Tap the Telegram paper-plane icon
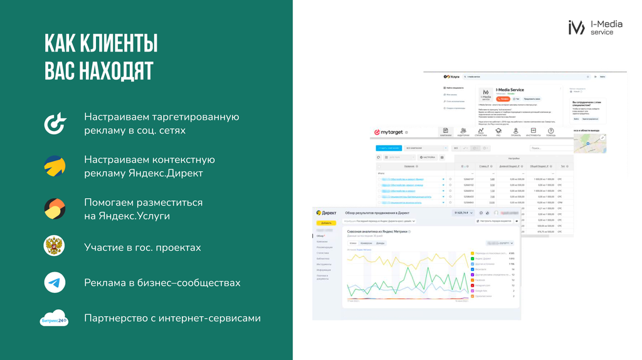click(x=55, y=283)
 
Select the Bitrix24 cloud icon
click(x=54, y=319)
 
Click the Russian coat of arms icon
click(x=55, y=246)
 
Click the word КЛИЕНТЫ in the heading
click(x=117, y=44)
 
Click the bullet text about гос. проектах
click(x=142, y=247)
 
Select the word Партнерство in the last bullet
click(x=115, y=318)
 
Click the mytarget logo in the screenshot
click(x=389, y=132)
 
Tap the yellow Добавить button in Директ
click(x=326, y=223)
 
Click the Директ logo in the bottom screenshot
click(x=327, y=213)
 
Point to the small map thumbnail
click(x=592, y=143)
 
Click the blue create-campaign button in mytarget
click(x=389, y=148)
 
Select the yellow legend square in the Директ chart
click(x=472, y=253)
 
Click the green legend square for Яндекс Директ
click(x=472, y=258)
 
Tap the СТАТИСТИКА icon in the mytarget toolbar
click(x=481, y=132)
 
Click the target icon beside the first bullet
click(x=55, y=124)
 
